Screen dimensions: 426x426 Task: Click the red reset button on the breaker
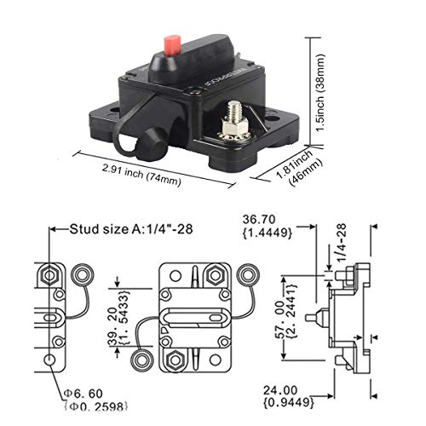click(x=171, y=43)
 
